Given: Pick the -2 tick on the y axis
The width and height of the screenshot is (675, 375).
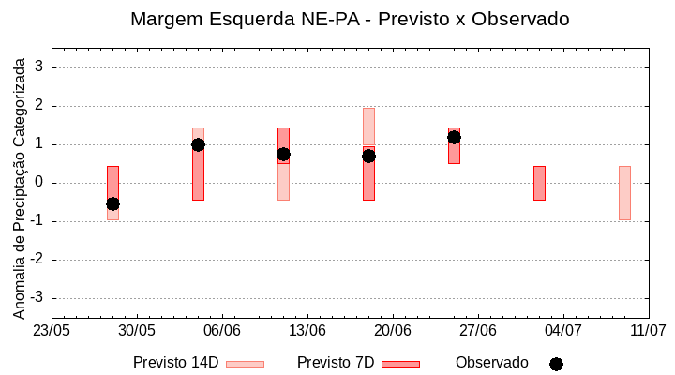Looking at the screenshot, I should point(38,260).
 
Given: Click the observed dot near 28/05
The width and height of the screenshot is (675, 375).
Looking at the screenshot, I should point(112,203).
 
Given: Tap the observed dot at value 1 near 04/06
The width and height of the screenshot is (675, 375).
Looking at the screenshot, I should point(198,144).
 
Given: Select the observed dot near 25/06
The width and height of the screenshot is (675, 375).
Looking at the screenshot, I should point(454,137).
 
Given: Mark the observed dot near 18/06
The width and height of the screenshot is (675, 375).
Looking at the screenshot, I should point(368,156).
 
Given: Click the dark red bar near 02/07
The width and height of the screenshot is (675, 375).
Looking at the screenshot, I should point(539,183).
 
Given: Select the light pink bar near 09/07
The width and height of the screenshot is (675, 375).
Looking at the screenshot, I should point(624,192).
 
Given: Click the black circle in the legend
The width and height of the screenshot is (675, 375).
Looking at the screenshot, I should point(556,364).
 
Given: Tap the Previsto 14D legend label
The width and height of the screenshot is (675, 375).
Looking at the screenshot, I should point(175,363).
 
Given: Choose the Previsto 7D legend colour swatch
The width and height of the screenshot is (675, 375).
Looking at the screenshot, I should point(400,364).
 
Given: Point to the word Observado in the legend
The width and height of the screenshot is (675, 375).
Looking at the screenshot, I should point(492,363).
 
